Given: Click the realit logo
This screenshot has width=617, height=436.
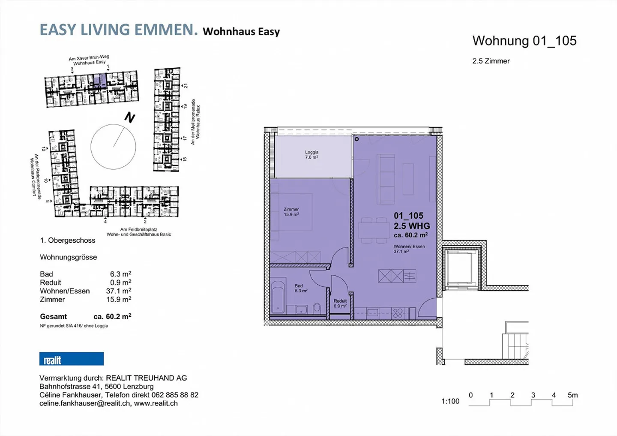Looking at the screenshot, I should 71,359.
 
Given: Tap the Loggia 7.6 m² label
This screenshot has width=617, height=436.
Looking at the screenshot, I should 311,155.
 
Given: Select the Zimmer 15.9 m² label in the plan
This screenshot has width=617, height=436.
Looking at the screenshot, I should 291,212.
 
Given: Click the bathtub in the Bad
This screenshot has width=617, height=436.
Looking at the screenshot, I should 278,297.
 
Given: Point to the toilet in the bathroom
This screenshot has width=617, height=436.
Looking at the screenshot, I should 317,308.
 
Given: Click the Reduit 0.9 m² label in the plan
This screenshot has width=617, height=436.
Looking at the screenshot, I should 340,304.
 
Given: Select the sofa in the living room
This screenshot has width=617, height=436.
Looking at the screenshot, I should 386,179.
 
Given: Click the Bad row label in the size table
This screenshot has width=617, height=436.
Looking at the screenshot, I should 46,274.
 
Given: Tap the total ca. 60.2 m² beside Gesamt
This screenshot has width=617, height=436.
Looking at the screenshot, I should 112,316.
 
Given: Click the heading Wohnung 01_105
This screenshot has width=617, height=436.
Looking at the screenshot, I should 524,41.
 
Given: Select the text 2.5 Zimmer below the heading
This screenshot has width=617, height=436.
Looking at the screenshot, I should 491,61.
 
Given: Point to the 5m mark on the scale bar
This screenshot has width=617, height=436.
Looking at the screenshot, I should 572,395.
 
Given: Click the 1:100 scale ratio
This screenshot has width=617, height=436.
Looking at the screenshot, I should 450,401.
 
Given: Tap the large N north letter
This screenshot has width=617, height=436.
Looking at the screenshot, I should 129,117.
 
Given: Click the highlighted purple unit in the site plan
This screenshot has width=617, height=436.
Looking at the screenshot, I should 100,80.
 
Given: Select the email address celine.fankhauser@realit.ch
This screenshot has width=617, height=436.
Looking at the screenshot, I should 85,403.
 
